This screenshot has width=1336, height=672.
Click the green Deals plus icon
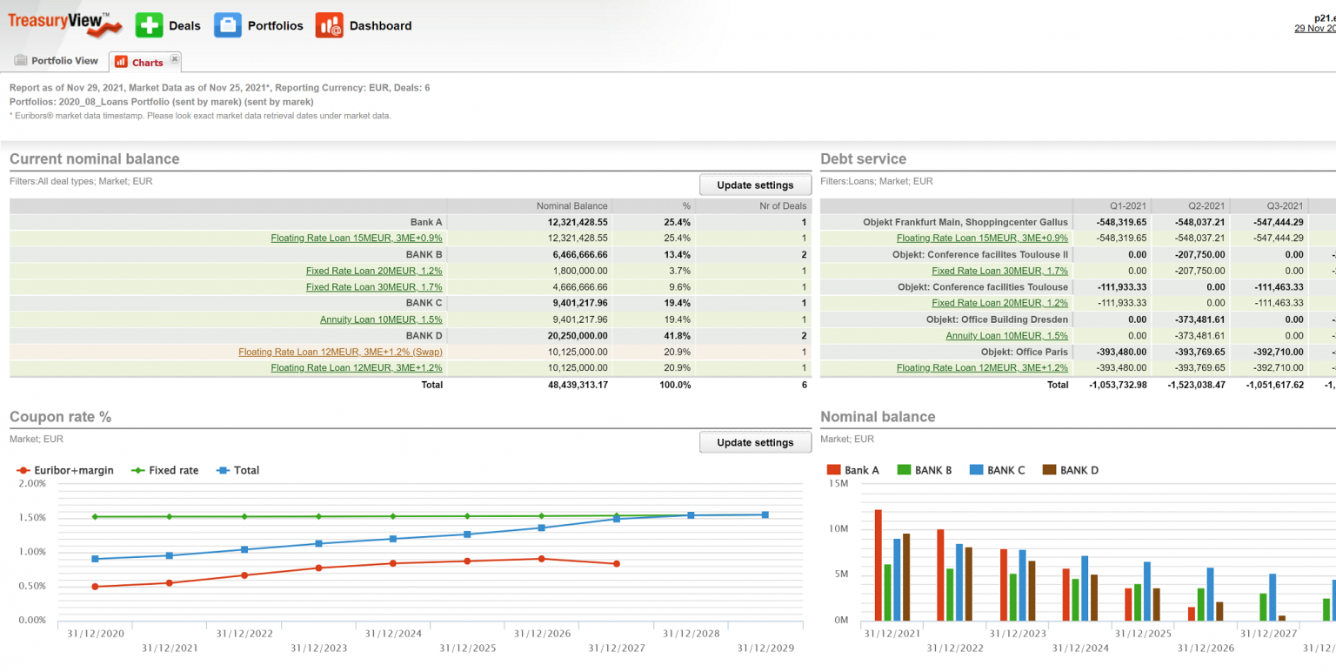coord(149,25)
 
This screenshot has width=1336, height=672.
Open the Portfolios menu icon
coord(228,25)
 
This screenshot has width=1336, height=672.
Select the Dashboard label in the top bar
coord(380,26)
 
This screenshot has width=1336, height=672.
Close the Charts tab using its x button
coord(174,59)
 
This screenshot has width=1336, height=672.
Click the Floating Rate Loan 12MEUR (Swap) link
coord(340,352)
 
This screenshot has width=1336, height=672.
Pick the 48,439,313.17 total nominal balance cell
coord(571,385)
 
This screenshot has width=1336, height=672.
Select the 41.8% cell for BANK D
coord(677,335)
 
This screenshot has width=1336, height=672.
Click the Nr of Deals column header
coord(782,206)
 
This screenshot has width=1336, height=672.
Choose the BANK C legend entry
coord(1002,470)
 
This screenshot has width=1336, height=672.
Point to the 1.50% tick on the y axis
coord(32,517)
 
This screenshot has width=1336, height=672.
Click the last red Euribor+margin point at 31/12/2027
coord(617,564)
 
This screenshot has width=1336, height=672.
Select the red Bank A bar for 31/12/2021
coord(878,565)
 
